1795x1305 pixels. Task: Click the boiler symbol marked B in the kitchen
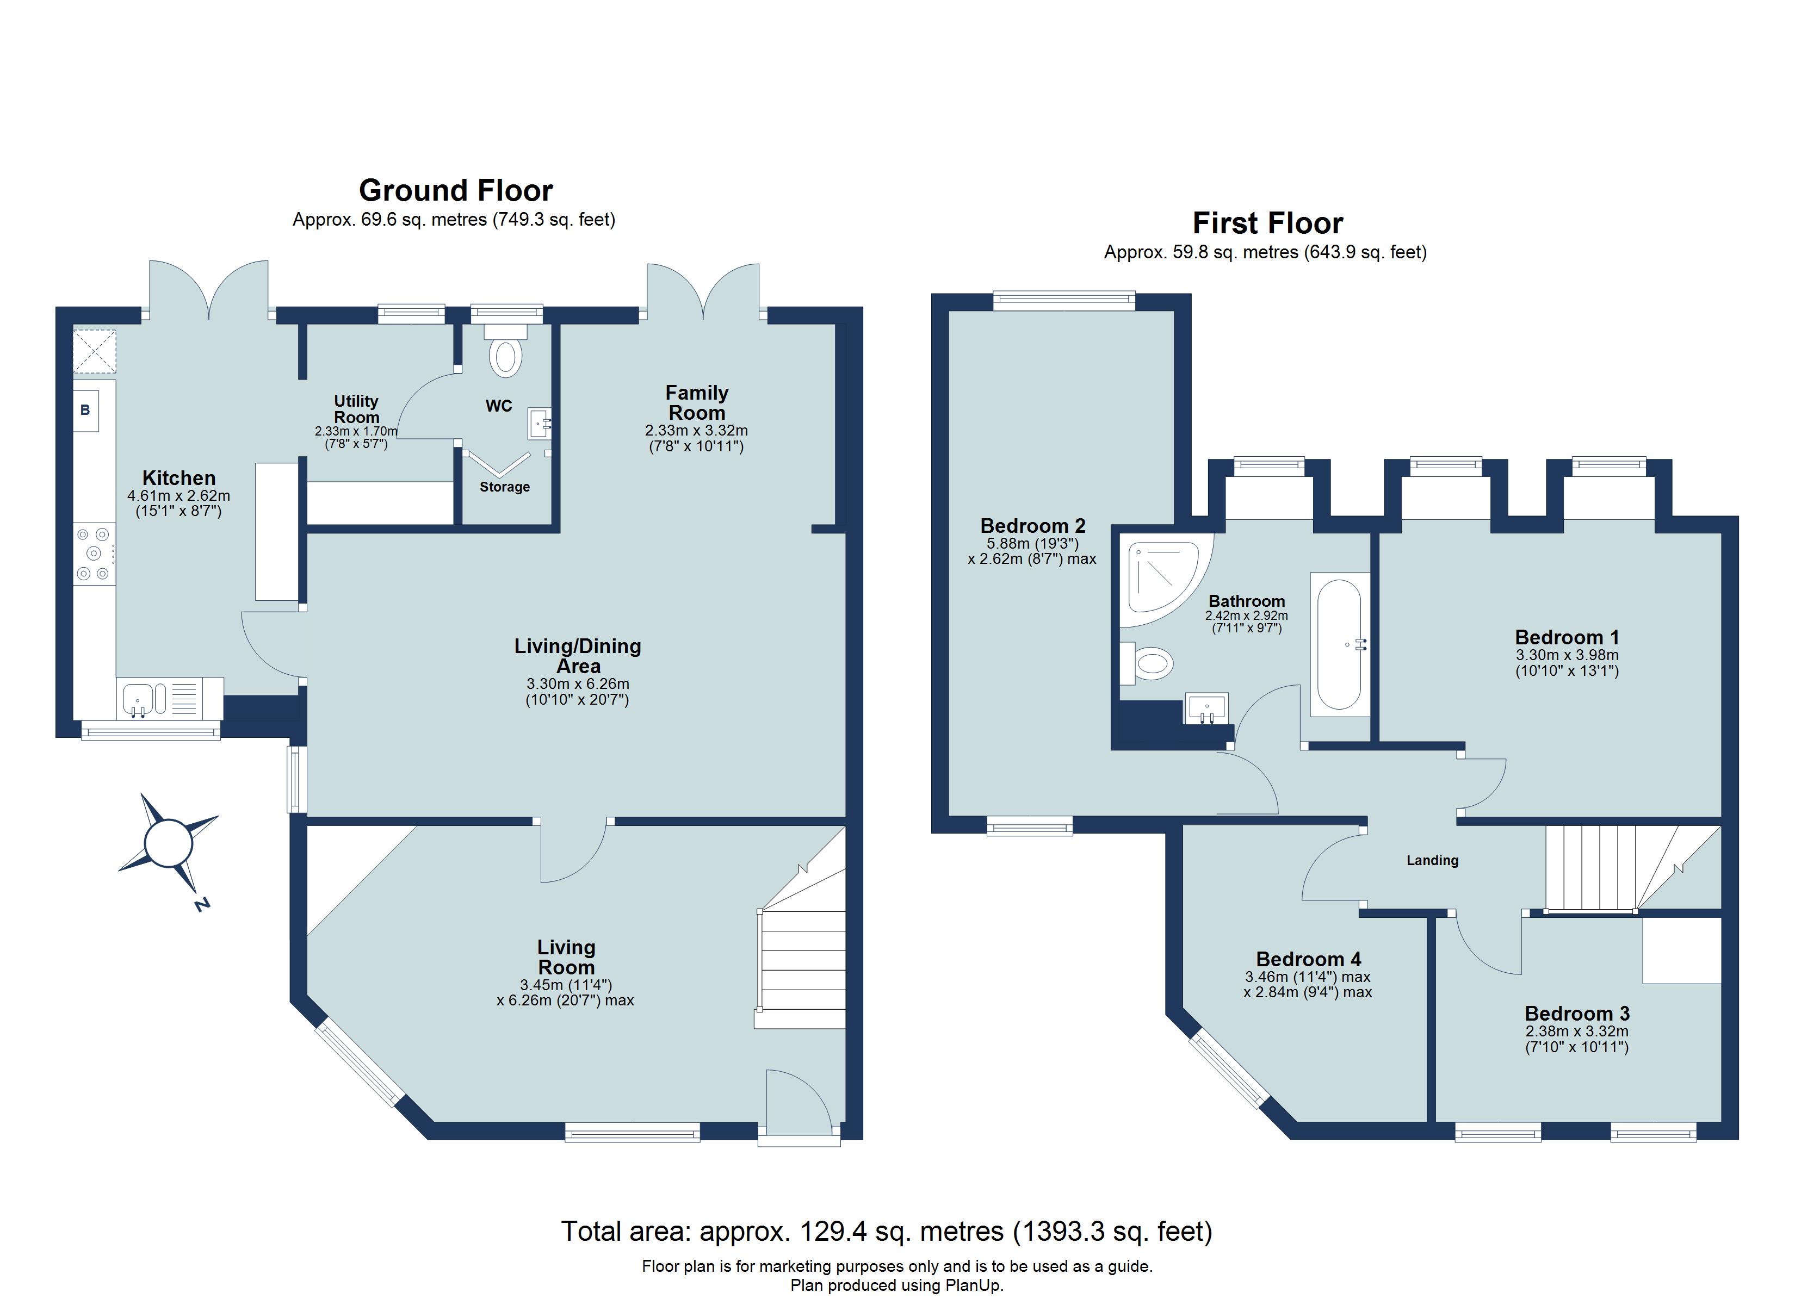coord(85,410)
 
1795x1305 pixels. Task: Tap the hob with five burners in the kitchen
coord(94,554)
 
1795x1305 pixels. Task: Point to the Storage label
coord(504,487)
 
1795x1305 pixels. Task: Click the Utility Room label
coord(356,409)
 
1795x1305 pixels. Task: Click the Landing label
coord(1432,860)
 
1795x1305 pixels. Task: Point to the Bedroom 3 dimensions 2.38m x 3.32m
coord(1576,1031)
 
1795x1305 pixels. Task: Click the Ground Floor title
coord(455,191)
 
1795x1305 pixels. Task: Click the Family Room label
coord(696,403)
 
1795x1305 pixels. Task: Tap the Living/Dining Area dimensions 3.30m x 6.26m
coord(578,683)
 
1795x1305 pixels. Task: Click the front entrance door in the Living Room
coord(800,1104)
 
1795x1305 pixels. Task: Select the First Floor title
coord(1267,223)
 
